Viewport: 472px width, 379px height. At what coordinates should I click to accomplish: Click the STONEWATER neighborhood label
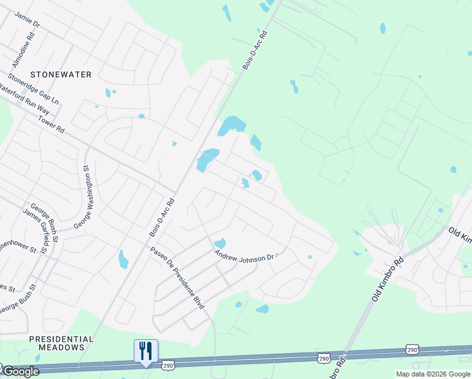pos(60,75)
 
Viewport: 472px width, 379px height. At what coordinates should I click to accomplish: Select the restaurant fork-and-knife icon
pos(146,351)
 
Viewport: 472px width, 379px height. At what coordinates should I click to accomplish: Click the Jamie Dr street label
pos(27,20)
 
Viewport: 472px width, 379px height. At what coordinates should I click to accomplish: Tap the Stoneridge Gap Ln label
pos(33,90)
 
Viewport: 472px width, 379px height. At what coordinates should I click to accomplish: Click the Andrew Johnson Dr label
pos(244,256)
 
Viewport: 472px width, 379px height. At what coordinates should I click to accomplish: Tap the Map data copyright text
pos(432,374)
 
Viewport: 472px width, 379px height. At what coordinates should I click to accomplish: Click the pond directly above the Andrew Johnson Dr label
pos(220,243)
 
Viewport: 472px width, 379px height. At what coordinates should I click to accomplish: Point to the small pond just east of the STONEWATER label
pos(108,93)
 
